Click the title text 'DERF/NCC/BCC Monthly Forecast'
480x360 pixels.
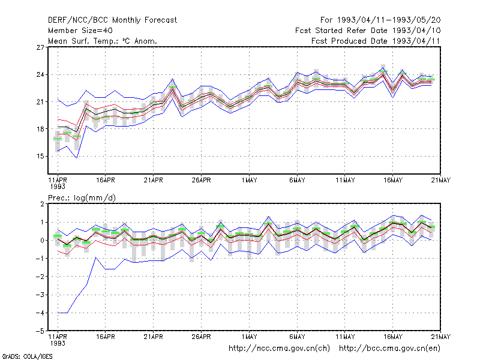(112, 20)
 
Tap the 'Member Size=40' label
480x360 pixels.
(80, 31)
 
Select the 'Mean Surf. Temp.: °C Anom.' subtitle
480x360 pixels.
(102, 41)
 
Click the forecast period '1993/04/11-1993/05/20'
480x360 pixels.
(389, 20)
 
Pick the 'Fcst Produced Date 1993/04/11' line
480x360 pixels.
(376, 41)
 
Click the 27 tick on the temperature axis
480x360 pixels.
(40, 47)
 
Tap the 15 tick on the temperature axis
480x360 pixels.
(40, 156)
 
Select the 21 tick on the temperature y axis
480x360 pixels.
(40, 101)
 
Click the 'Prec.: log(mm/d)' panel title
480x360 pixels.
(82, 198)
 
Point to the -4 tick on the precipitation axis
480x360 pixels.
(40, 313)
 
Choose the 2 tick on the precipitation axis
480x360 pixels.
(42, 204)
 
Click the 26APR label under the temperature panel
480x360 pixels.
(202, 180)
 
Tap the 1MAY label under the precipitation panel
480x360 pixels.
(249, 337)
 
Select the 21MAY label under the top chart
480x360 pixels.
(441, 180)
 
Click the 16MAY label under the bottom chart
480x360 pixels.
(393, 337)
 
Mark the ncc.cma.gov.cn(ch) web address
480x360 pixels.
(279, 349)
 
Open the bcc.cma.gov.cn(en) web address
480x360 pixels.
(389, 349)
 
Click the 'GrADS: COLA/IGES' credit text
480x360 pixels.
(27, 356)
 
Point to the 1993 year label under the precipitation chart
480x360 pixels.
(58, 343)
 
